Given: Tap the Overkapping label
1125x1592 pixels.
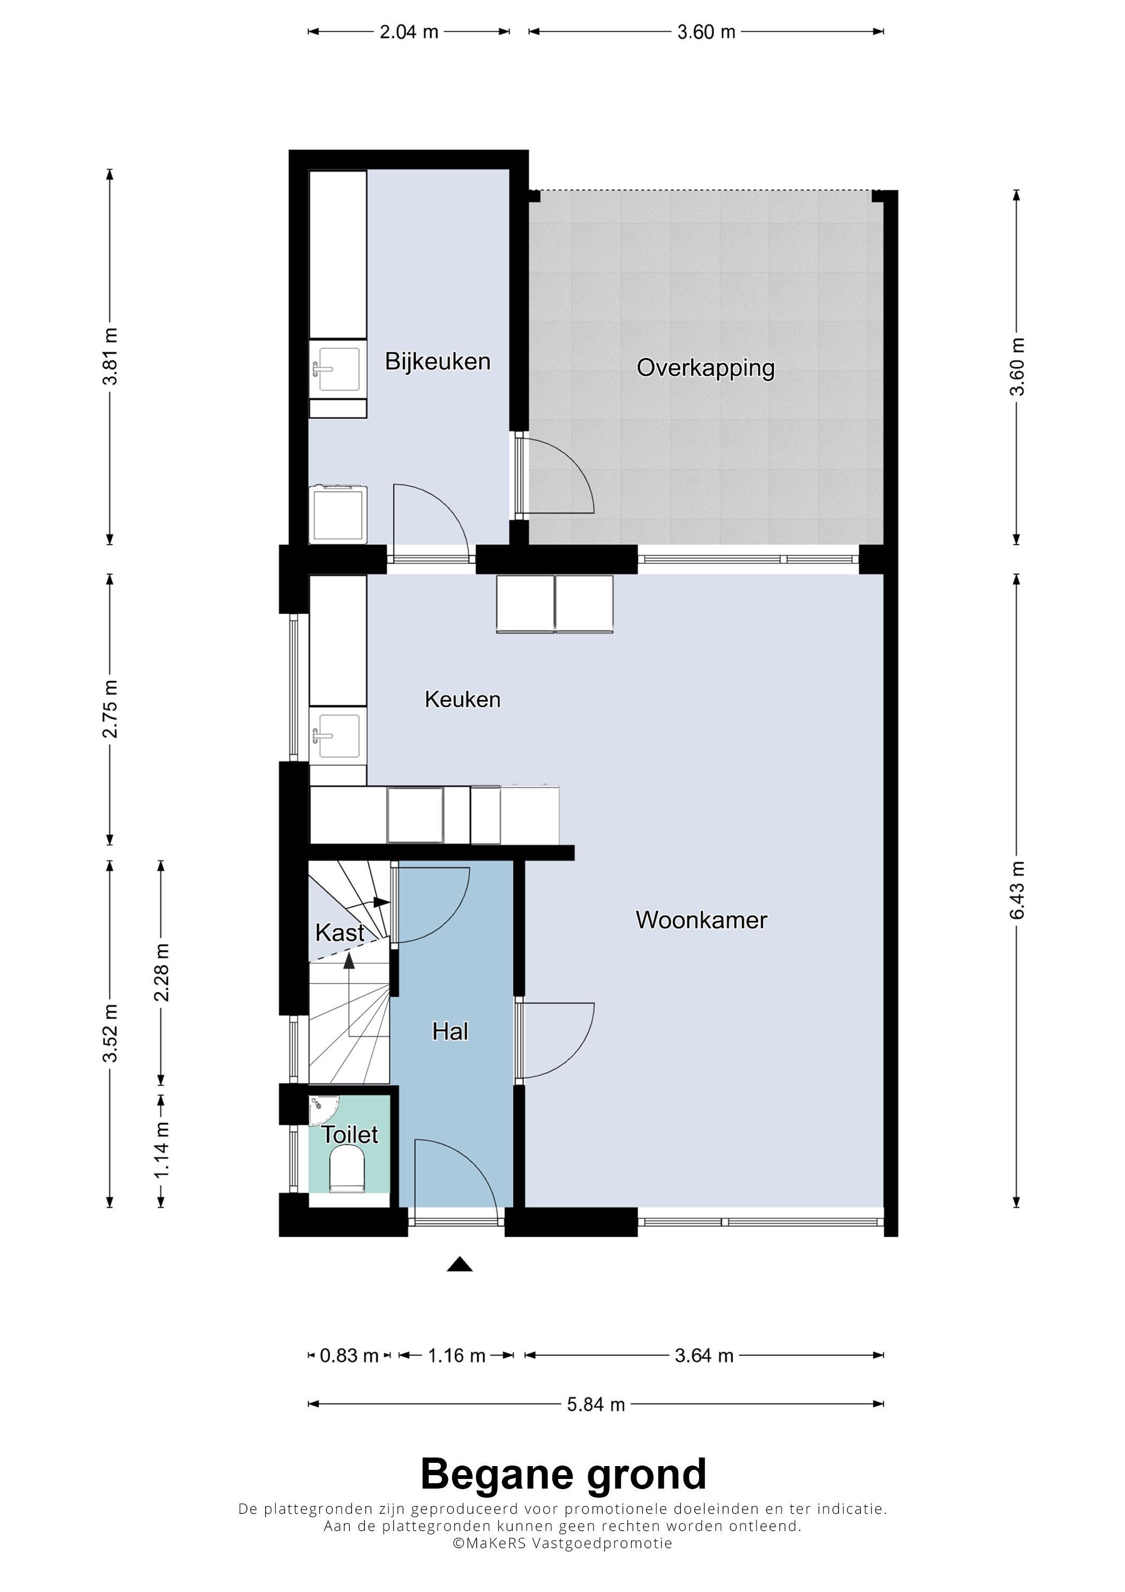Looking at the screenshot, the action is pyautogui.click(x=706, y=368).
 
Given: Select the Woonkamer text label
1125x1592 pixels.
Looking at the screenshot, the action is pyautogui.click(x=701, y=920).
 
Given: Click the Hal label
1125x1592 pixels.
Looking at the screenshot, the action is pyautogui.click(x=450, y=1032).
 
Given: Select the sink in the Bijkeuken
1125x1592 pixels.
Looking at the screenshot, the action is pyautogui.click(x=337, y=370).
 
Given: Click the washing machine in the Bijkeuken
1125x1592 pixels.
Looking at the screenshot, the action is pyautogui.click(x=338, y=514).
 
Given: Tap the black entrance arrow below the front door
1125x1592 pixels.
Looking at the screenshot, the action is pyautogui.click(x=460, y=1264).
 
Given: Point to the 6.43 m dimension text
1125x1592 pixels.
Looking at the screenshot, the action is pyautogui.click(x=1017, y=890).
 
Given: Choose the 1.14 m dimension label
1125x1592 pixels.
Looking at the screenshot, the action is pyautogui.click(x=161, y=1149).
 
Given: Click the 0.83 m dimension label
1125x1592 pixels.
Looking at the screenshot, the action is pyautogui.click(x=349, y=1356).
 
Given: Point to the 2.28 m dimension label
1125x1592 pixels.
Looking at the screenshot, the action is pyautogui.click(x=161, y=973).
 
